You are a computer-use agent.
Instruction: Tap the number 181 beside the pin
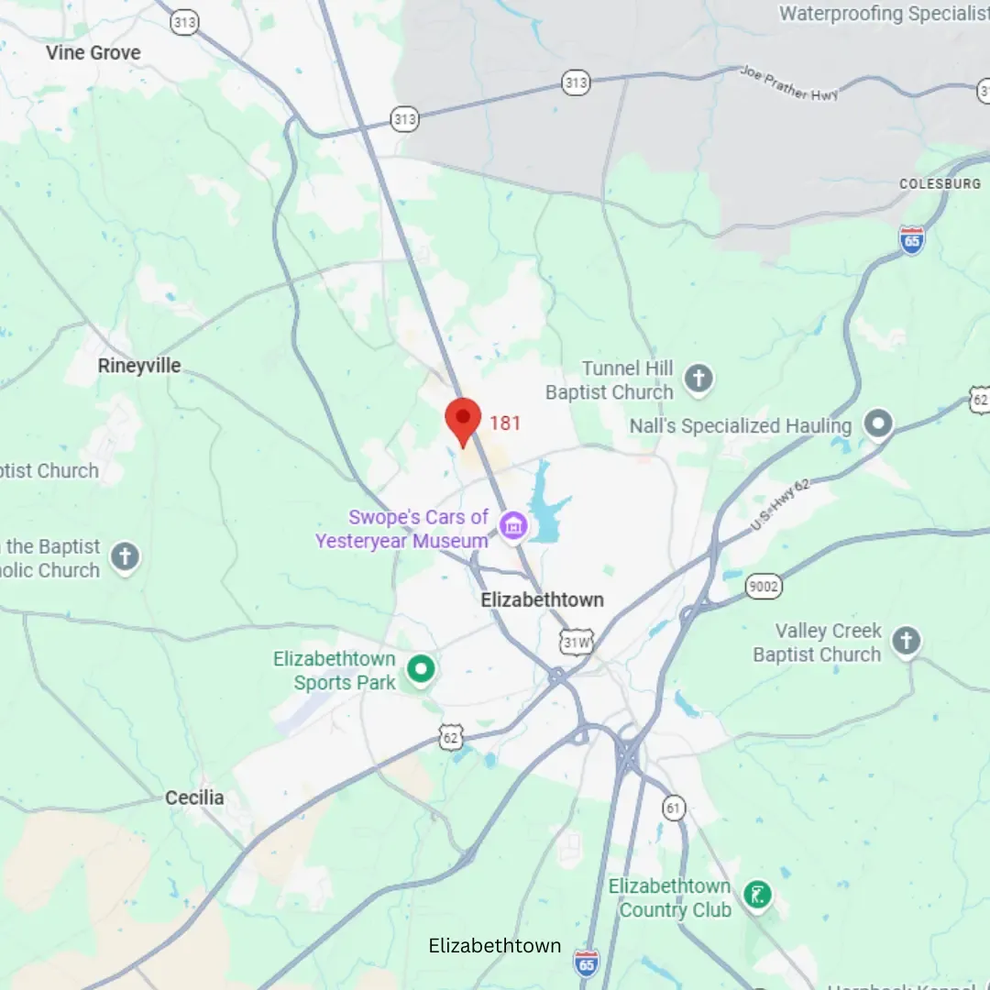pyautogui.click(x=505, y=423)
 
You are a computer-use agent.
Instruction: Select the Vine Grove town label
pyautogui.click(x=93, y=53)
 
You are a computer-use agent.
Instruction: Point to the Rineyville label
pyautogui.click(x=139, y=366)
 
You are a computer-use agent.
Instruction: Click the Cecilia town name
pyautogui.click(x=194, y=797)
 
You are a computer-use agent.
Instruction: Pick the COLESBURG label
pyautogui.click(x=940, y=184)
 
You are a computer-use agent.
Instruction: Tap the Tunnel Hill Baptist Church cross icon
pyautogui.click(x=698, y=379)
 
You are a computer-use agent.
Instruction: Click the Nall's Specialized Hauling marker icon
pyautogui.click(x=879, y=423)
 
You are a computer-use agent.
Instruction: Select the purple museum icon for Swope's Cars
pyautogui.click(x=513, y=526)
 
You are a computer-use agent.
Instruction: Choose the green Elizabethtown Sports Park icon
pyautogui.click(x=421, y=669)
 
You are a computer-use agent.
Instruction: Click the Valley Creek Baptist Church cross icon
pyautogui.click(x=906, y=641)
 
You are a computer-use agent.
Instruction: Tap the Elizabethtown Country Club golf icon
pyautogui.click(x=757, y=895)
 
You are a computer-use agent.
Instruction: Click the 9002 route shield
pyautogui.click(x=764, y=587)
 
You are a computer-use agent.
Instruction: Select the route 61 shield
pyautogui.click(x=675, y=807)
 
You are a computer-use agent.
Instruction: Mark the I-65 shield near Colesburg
pyautogui.click(x=911, y=239)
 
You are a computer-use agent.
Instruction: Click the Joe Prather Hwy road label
pyautogui.click(x=789, y=83)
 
